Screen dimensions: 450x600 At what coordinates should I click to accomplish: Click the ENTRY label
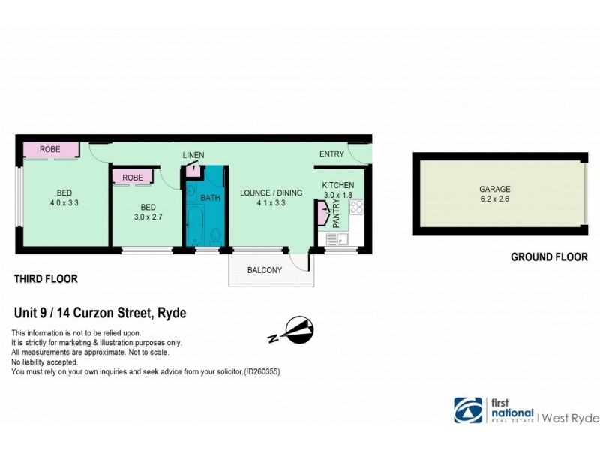(x=331, y=154)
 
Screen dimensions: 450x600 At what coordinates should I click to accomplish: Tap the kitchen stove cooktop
(x=355, y=208)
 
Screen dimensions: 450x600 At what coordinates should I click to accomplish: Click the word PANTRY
(x=336, y=213)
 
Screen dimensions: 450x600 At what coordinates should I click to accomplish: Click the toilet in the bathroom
(x=216, y=236)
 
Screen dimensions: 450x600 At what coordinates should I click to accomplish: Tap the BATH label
(x=211, y=197)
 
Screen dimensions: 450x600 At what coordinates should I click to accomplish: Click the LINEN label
(x=193, y=155)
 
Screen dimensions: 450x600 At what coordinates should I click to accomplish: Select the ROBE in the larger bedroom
(x=50, y=149)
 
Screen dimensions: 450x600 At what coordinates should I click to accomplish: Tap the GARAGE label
(x=495, y=190)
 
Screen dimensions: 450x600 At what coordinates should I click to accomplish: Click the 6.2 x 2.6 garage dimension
(x=495, y=199)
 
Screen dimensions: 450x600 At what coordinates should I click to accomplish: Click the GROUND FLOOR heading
(x=549, y=256)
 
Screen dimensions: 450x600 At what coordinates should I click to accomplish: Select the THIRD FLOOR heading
(x=46, y=279)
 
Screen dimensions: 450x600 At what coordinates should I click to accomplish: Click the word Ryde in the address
(x=172, y=313)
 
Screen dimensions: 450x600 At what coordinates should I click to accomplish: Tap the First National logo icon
(x=468, y=409)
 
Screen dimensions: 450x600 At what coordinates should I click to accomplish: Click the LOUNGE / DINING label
(x=271, y=193)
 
